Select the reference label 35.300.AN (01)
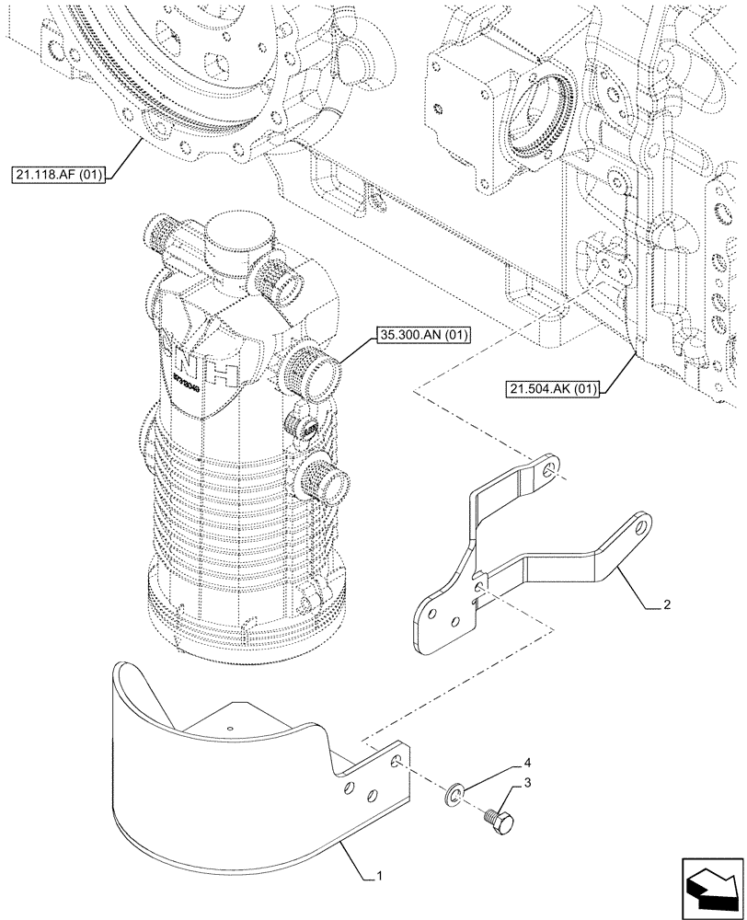(422, 336)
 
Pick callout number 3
(526, 782)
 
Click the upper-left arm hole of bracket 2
(549, 471)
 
